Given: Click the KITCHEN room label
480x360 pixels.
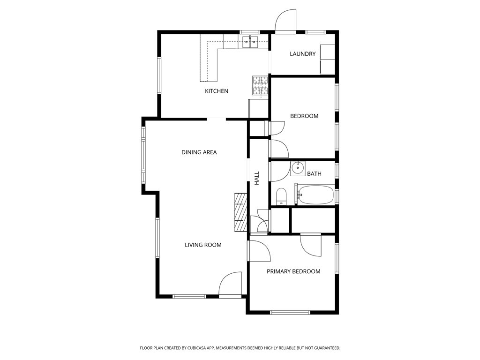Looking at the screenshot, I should coord(217,91).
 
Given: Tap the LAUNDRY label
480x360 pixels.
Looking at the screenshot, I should coord(302,54).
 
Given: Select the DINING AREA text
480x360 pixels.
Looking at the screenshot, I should coord(199,152).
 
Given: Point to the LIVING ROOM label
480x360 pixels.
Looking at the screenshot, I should coord(203,245).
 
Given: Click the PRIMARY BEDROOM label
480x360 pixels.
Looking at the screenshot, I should coord(293,271).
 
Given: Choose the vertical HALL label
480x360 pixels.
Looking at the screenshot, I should coord(257,178).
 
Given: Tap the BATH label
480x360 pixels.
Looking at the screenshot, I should coord(314,174).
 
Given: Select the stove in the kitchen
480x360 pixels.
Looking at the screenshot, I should coord(260,86).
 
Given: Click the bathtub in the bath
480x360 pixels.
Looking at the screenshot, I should coord(316,195).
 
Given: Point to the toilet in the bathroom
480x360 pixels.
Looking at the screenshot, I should coord(281,196).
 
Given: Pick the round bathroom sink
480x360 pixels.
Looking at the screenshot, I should coord(298,167).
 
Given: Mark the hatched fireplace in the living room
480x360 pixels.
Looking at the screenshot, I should coord(240,212).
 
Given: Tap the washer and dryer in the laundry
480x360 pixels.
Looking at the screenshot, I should coord(327,60).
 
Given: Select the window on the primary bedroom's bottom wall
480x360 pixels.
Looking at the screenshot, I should coord(290,312).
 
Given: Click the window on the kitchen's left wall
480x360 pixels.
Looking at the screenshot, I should coord(159,75).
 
